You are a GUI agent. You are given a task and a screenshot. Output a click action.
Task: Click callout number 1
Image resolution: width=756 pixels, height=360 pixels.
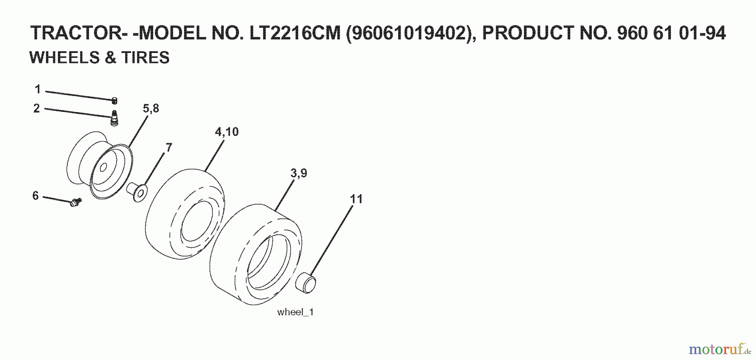[37, 89]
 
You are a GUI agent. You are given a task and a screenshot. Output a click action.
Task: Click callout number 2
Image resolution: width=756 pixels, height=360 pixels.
[37, 108]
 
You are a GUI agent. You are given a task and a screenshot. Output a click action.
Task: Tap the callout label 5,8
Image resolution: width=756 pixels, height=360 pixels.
[151, 108]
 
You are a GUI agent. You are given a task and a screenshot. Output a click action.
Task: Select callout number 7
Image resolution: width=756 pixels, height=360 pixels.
[168, 147]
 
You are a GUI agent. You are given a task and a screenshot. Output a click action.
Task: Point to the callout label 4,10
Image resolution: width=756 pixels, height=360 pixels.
[226, 132]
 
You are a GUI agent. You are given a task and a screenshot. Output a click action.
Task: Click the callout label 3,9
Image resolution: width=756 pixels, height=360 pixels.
[299, 173]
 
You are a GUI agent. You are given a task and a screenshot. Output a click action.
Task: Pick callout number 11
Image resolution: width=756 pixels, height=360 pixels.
[356, 199]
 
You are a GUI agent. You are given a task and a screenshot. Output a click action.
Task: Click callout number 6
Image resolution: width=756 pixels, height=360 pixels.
[36, 196]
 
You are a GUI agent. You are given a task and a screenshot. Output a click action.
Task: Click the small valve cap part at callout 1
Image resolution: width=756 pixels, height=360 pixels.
[115, 100]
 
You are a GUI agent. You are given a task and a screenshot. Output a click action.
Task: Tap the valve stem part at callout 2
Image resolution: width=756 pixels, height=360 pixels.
[114, 118]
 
